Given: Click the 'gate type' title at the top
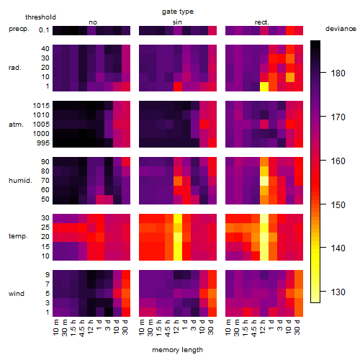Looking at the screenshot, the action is click(178, 12).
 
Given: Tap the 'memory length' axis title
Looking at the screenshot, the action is click(177, 350).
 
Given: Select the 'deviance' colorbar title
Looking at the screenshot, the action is click(341, 29).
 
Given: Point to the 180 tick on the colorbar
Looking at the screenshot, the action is click(323, 72).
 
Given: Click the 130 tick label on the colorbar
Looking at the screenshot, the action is click(338, 292).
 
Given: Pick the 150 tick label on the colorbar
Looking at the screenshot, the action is click(338, 204).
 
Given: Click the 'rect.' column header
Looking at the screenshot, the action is click(262, 22).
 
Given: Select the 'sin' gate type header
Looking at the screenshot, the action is click(177, 22).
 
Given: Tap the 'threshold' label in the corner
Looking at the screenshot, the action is click(40, 17).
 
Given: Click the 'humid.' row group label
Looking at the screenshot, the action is click(20, 181).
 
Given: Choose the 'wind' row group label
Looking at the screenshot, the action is click(17, 294).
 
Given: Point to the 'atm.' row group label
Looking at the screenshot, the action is click(16, 125).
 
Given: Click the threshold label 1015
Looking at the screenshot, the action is click(41, 106).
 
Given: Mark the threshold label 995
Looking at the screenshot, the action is click(43, 143).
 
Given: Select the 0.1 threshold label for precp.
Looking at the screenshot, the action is click(44, 30).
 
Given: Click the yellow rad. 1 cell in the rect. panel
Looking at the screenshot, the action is click(264, 86).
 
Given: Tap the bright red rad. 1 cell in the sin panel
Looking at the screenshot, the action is click(178, 86).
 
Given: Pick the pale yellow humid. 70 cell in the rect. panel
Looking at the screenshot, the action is click(264, 181).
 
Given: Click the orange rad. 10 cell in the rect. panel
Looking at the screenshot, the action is click(290, 77).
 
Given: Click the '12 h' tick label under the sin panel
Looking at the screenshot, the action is click(176, 327).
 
